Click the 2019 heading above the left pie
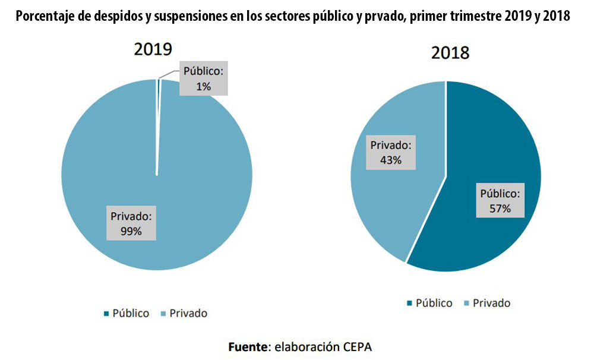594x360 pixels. pyautogui.click(x=153, y=49)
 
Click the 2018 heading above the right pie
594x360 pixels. pyautogui.click(x=450, y=53)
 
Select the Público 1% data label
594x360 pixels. pyautogui.click(x=203, y=78)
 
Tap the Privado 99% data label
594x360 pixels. pyautogui.click(x=131, y=223)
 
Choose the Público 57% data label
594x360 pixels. pyautogui.click(x=500, y=201)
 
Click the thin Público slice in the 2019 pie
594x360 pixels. pyautogui.click(x=158, y=119)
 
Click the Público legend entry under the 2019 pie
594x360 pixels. pyautogui.click(x=127, y=313)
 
